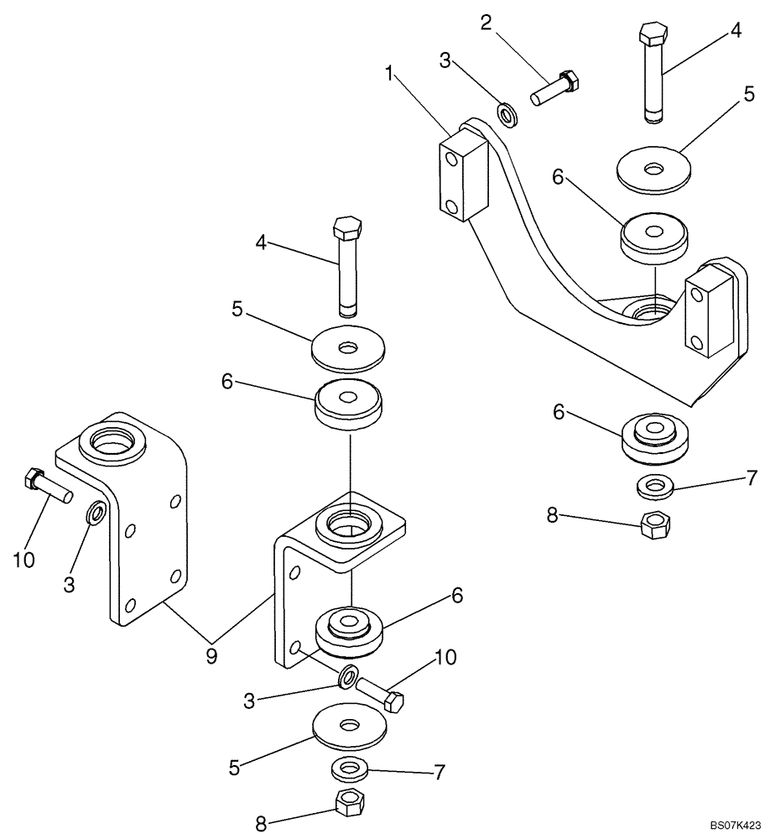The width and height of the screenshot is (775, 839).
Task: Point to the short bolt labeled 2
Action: pyautogui.click(x=555, y=88)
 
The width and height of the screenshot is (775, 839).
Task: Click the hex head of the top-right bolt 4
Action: pyautogui.click(x=652, y=34)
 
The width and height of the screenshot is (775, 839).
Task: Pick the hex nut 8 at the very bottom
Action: pyautogui.click(x=346, y=804)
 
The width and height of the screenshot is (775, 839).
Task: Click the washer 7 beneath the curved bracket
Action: pyautogui.click(x=653, y=486)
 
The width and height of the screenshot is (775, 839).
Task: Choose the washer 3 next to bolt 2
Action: pyautogui.click(x=508, y=113)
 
